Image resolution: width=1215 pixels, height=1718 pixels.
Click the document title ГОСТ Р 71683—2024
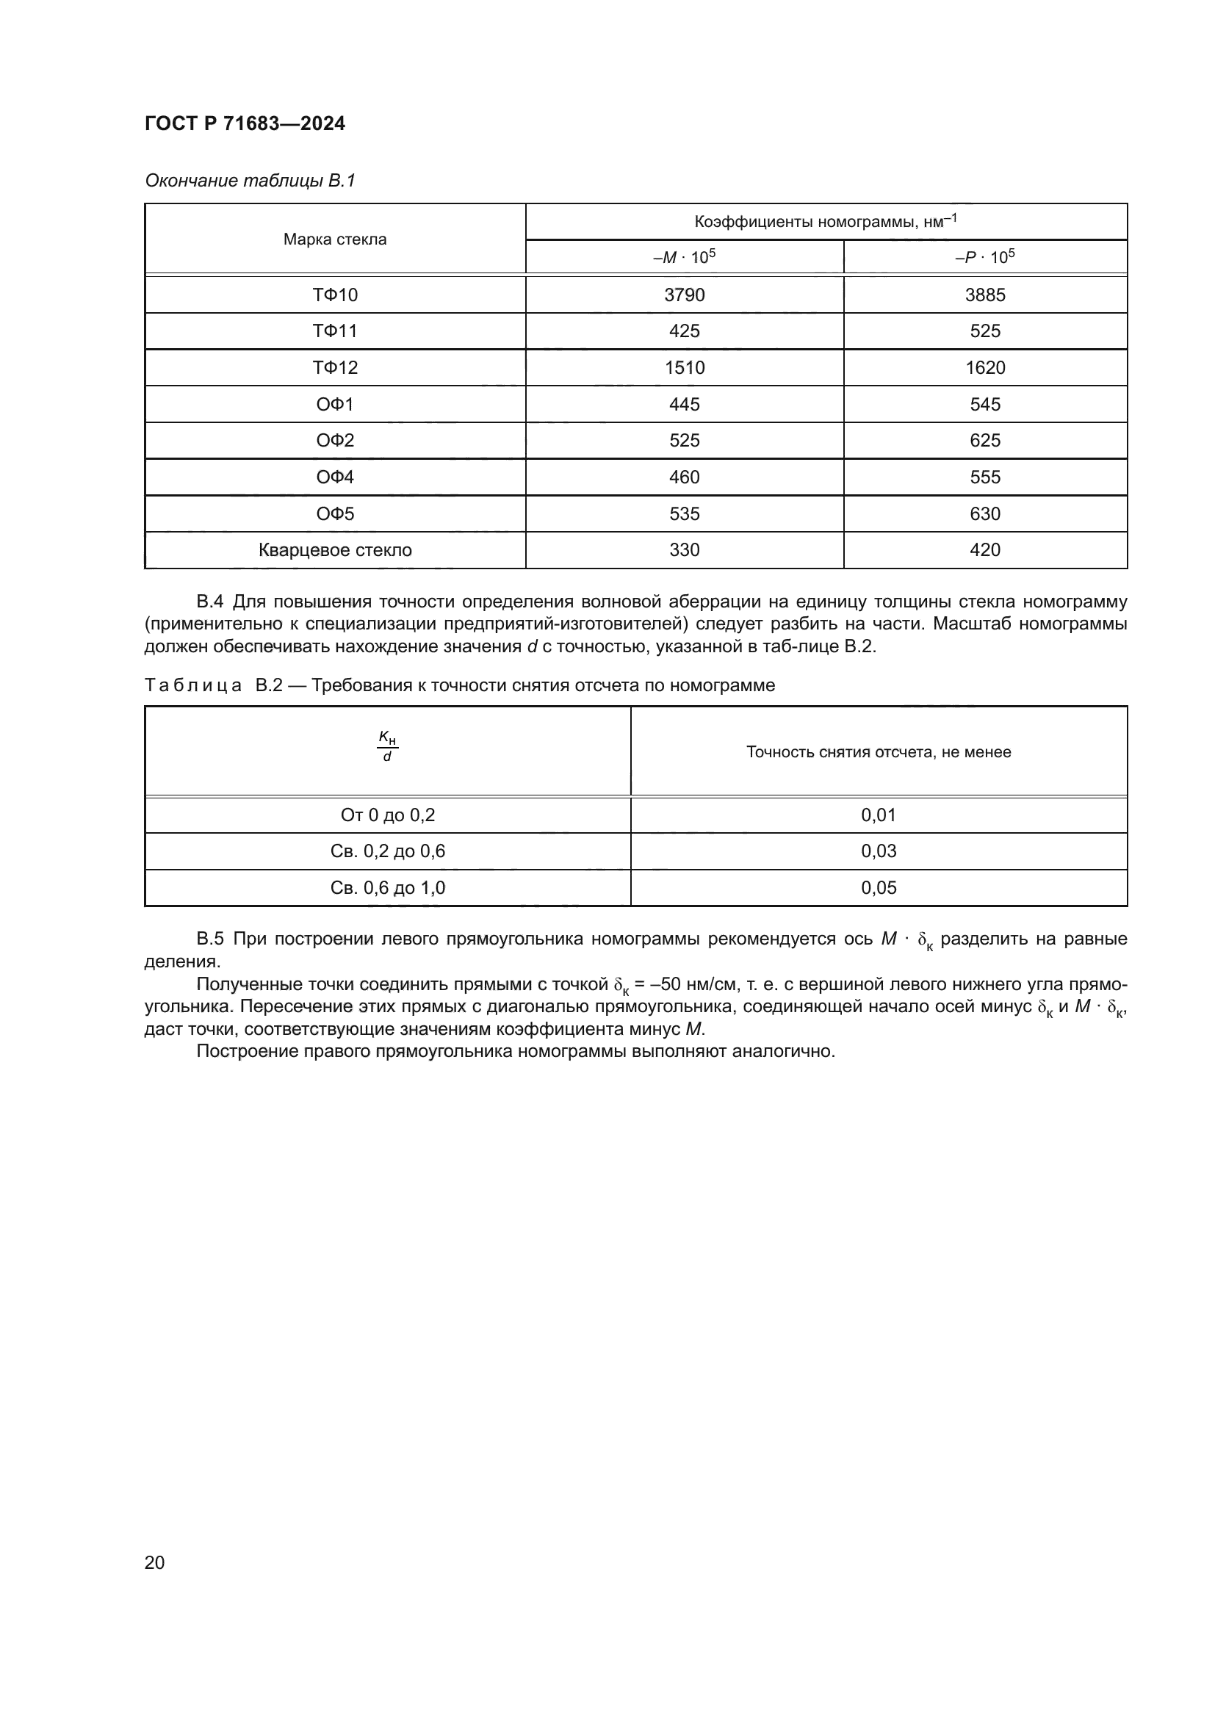tap(245, 123)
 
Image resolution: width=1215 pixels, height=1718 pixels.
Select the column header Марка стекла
tap(334, 239)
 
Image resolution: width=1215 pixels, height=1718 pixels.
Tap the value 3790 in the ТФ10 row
tap(684, 295)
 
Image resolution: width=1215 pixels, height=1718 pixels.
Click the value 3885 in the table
tap(984, 295)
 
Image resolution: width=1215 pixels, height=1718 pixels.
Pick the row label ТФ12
tap(334, 367)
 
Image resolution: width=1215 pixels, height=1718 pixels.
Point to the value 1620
tap(984, 367)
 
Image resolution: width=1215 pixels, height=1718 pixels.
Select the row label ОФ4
tap(334, 477)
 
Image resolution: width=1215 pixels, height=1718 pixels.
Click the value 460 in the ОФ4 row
tap(684, 477)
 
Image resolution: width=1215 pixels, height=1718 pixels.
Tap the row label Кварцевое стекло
tap(334, 550)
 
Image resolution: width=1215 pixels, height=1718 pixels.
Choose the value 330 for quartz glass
tap(684, 550)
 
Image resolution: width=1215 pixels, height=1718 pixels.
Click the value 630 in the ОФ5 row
tap(984, 513)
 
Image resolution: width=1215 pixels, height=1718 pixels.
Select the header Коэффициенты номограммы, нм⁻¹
tap(825, 222)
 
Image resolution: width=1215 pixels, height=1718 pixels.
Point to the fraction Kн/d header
tap(387, 747)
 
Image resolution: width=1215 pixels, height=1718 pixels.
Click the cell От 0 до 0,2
tap(387, 815)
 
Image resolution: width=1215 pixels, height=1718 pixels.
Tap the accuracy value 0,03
tap(879, 851)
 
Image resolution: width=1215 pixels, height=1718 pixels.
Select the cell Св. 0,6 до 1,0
tap(387, 887)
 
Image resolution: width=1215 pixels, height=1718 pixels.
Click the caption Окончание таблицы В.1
tap(250, 181)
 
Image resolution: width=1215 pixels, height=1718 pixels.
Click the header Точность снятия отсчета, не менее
tap(879, 752)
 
